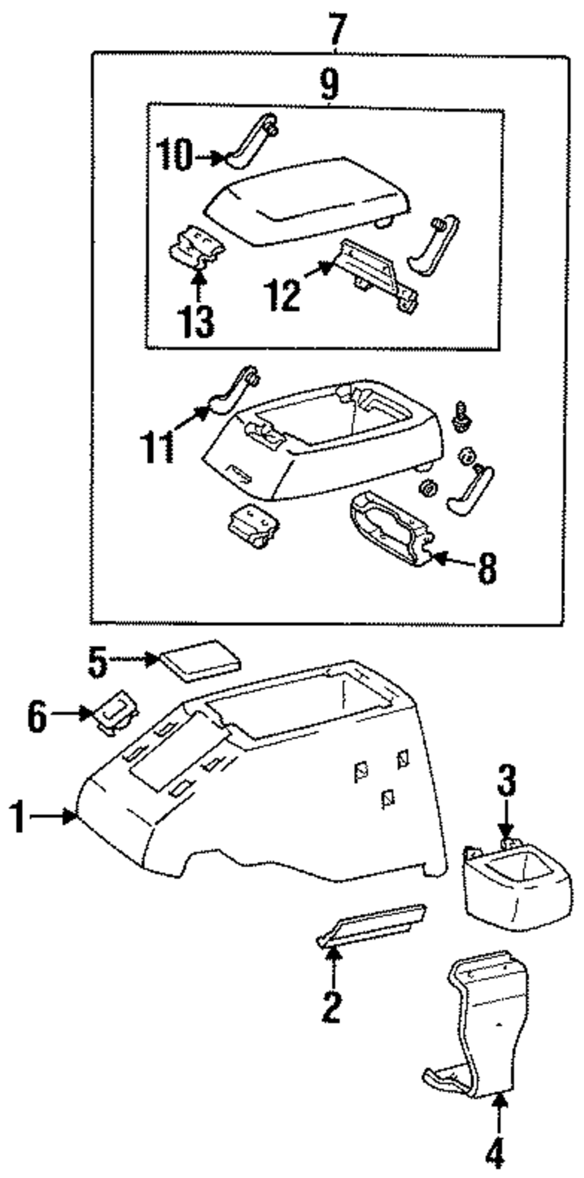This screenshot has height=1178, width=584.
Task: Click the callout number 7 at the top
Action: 338,29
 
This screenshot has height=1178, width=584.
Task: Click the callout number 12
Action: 283,295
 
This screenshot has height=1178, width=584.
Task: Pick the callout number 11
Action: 157,446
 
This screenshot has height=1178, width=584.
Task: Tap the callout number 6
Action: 37,716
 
